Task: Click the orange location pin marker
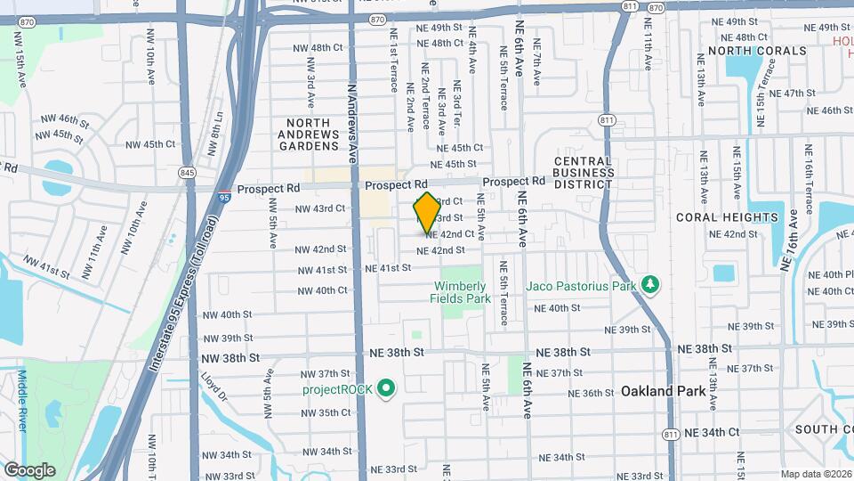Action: pyautogui.click(x=426, y=213)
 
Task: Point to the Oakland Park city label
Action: pyautogui.click(x=663, y=391)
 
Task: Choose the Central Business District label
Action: pyautogui.click(x=583, y=173)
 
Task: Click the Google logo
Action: pyautogui.click(x=28, y=469)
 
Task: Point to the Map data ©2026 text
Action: pyautogui.click(x=816, y=474)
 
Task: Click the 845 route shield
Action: pyautogui.click(x=186, y=172)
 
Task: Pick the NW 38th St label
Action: pyautogui.click(x=230, y=357)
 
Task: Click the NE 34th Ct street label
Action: pyautogui.click(x=712, y=432)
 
